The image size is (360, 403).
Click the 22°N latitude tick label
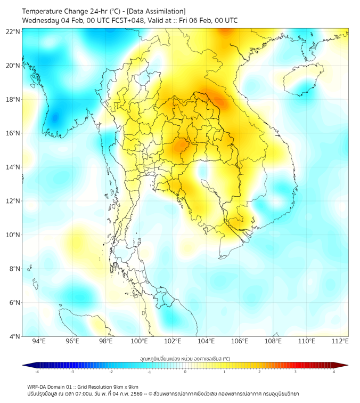(x=13, y=31)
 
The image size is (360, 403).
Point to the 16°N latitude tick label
(x=13, y=133)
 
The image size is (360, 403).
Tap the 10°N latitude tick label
(x=13, y=235)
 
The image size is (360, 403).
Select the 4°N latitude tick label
(x=13, y=336)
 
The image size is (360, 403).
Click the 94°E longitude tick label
(x=39, y=342)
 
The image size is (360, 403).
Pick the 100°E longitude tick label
(x=139, y=342)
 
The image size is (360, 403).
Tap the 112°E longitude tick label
(x=340, y=342)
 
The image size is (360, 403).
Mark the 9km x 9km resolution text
(x=124, y=386)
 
